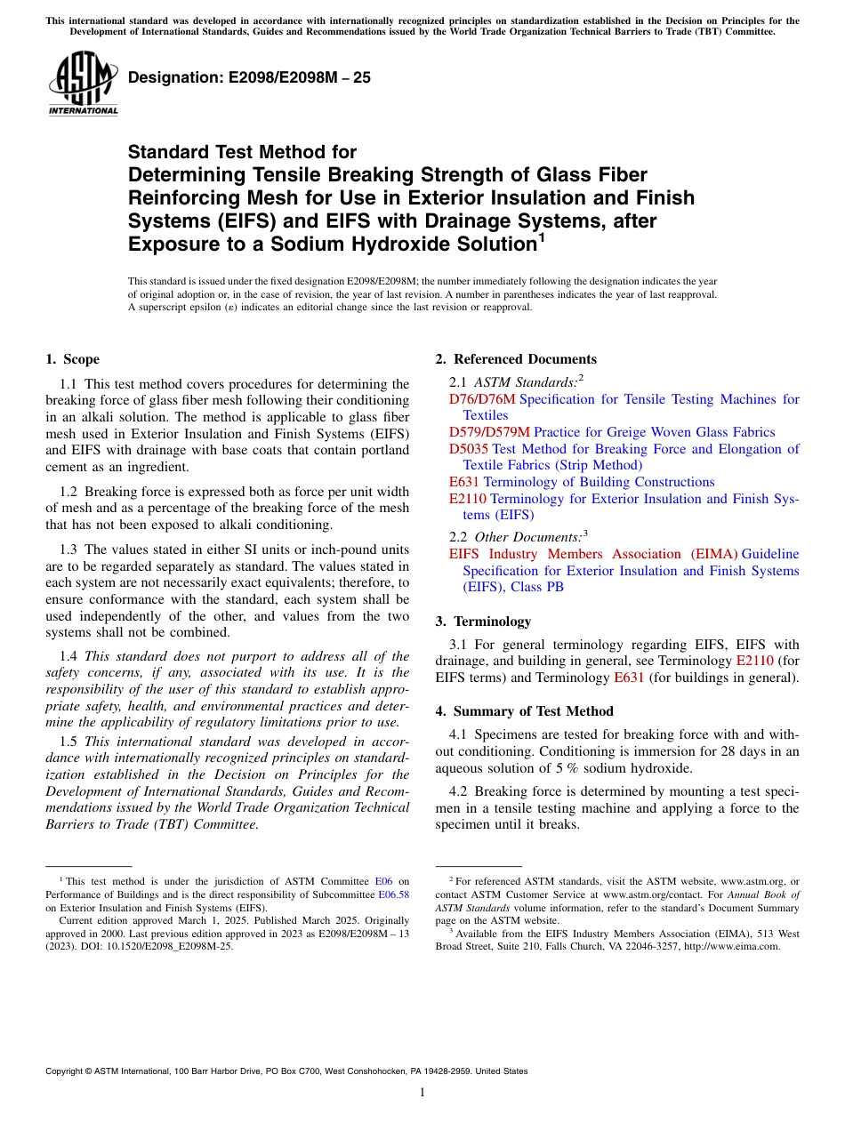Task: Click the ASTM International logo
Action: tap(83, 84)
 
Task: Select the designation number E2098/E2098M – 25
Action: tap(250, 77)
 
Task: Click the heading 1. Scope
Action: tap(72, 359)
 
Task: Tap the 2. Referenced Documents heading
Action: tap(516, 359)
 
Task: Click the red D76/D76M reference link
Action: tap(482, 399)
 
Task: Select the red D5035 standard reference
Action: tap(469, 449)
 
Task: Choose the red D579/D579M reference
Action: tap(489, 432)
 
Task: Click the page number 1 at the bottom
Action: tap(422, 1092)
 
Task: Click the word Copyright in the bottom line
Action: tap(66, 1071)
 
